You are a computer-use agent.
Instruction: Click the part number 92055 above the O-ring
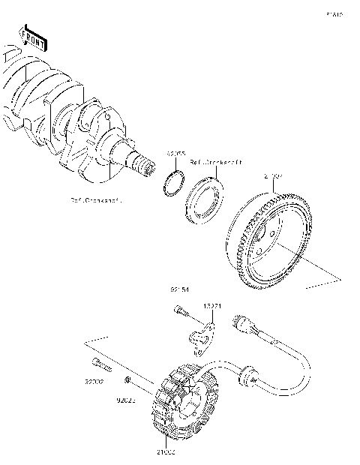[176, 153]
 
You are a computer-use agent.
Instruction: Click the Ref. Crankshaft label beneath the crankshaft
[95, 201]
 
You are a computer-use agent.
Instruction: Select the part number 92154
[178, 287]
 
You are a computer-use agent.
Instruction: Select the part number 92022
[125, 400]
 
